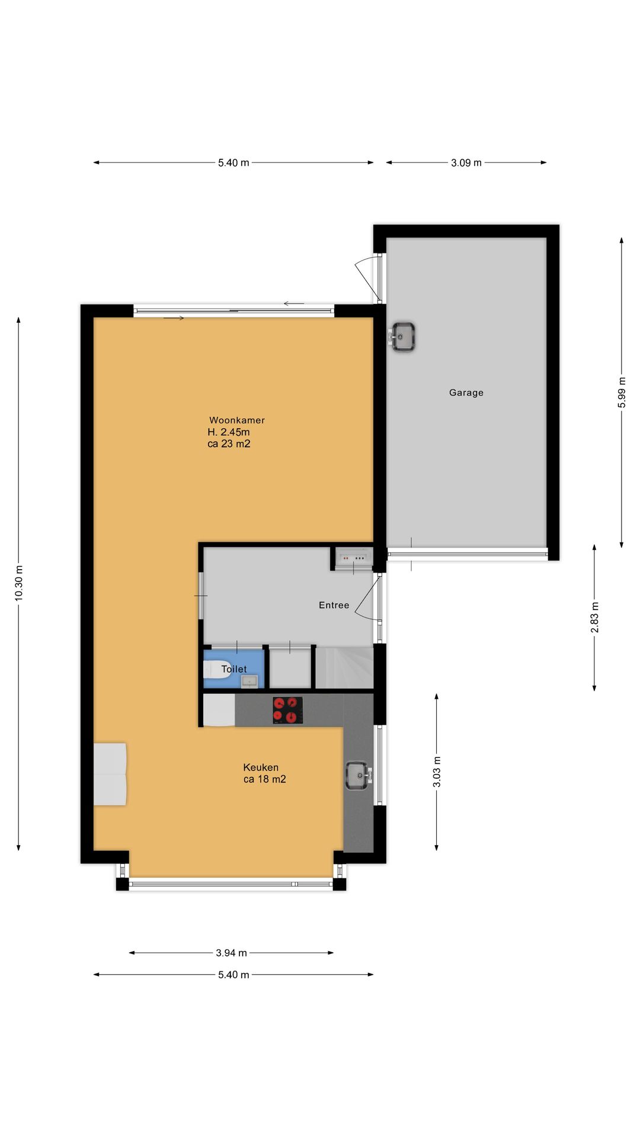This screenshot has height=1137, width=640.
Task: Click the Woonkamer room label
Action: (x=236, y=420)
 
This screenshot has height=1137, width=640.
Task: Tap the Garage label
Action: (x=466, y=393)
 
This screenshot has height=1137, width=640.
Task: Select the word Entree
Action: (x=334, y=605)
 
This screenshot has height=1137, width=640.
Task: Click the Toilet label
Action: (x=234, y=669)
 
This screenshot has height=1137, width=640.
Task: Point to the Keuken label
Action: (x=261, y=767)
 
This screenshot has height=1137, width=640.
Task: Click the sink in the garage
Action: (x=403, y=338)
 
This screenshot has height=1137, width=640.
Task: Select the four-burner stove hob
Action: (x=287, y=710)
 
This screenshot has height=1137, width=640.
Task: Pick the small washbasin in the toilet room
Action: (x=249, y=681)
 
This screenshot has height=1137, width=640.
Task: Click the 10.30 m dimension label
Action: (x=18, y=583)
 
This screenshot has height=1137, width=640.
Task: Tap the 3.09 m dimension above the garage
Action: (x=466, y=163)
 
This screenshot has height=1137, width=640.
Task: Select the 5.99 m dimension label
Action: (x=621, y=393)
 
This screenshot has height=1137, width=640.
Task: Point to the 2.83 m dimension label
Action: (x=594, y=618)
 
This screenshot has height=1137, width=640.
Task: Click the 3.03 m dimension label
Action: (x=437, y=772)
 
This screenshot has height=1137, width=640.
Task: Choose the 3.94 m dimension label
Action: (x=231, y=953)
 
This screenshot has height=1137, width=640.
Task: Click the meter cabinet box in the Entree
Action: (x=353, y=558)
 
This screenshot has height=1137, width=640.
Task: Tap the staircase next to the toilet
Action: (x=344, y=668)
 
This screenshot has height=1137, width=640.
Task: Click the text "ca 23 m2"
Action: (x=229, y=444)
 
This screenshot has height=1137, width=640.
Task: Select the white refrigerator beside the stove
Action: (x=219, y=711)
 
